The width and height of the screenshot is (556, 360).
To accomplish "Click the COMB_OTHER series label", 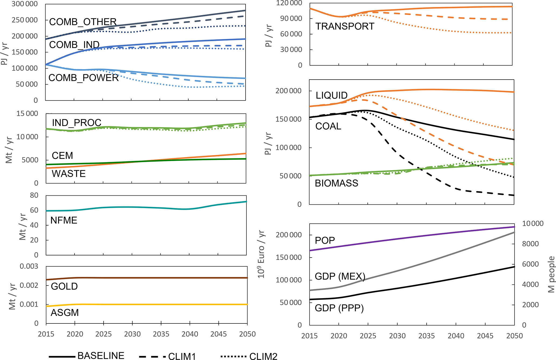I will coord(83,22).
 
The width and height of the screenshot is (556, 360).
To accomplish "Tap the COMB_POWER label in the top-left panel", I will coord(83,78).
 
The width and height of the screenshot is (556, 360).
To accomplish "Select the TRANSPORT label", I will coord(345,26).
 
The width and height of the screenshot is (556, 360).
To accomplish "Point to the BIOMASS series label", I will coord(336,183).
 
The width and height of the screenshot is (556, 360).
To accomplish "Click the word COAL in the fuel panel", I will coord(328,126).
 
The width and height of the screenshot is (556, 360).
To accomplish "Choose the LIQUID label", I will coord(331,95).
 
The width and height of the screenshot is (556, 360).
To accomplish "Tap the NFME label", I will coord(64,220).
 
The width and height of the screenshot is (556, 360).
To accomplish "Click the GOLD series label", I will coord(64,286).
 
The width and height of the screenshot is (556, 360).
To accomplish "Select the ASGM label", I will coord(65,313).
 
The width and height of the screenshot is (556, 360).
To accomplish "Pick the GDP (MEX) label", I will coord(340,276).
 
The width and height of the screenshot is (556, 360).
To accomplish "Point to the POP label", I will coord(325,240).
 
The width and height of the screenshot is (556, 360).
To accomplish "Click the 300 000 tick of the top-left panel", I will coord(24,4).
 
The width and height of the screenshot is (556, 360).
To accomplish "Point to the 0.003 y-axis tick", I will coord(29,266).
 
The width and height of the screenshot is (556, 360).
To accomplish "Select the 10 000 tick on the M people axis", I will coord(533,223).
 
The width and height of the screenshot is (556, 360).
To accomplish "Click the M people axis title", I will coord(551,274).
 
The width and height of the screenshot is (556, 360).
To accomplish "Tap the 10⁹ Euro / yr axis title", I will coord(261,254).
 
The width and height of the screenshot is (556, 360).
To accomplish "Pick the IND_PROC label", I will coord(76,123).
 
